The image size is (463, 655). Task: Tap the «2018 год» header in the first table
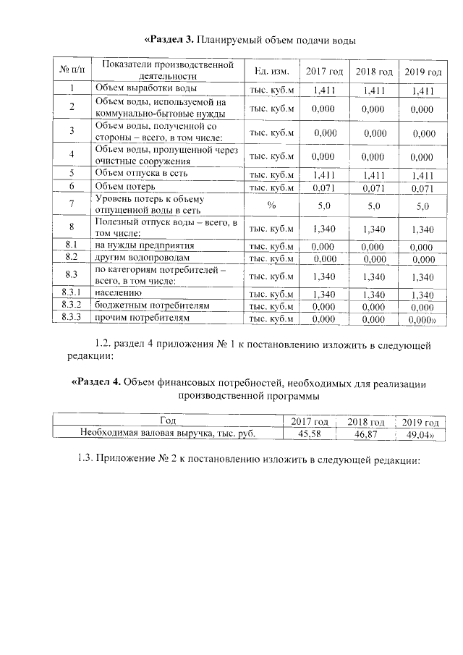point(374,72)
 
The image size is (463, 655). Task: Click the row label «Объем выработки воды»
point(144,89)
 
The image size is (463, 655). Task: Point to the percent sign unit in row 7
point(271,206)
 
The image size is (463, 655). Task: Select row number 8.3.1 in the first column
point(72,293)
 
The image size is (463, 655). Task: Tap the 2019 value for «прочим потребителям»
point(423,318)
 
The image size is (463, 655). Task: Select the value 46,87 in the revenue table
point(367,434)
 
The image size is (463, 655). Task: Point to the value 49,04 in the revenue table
point(422,434)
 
